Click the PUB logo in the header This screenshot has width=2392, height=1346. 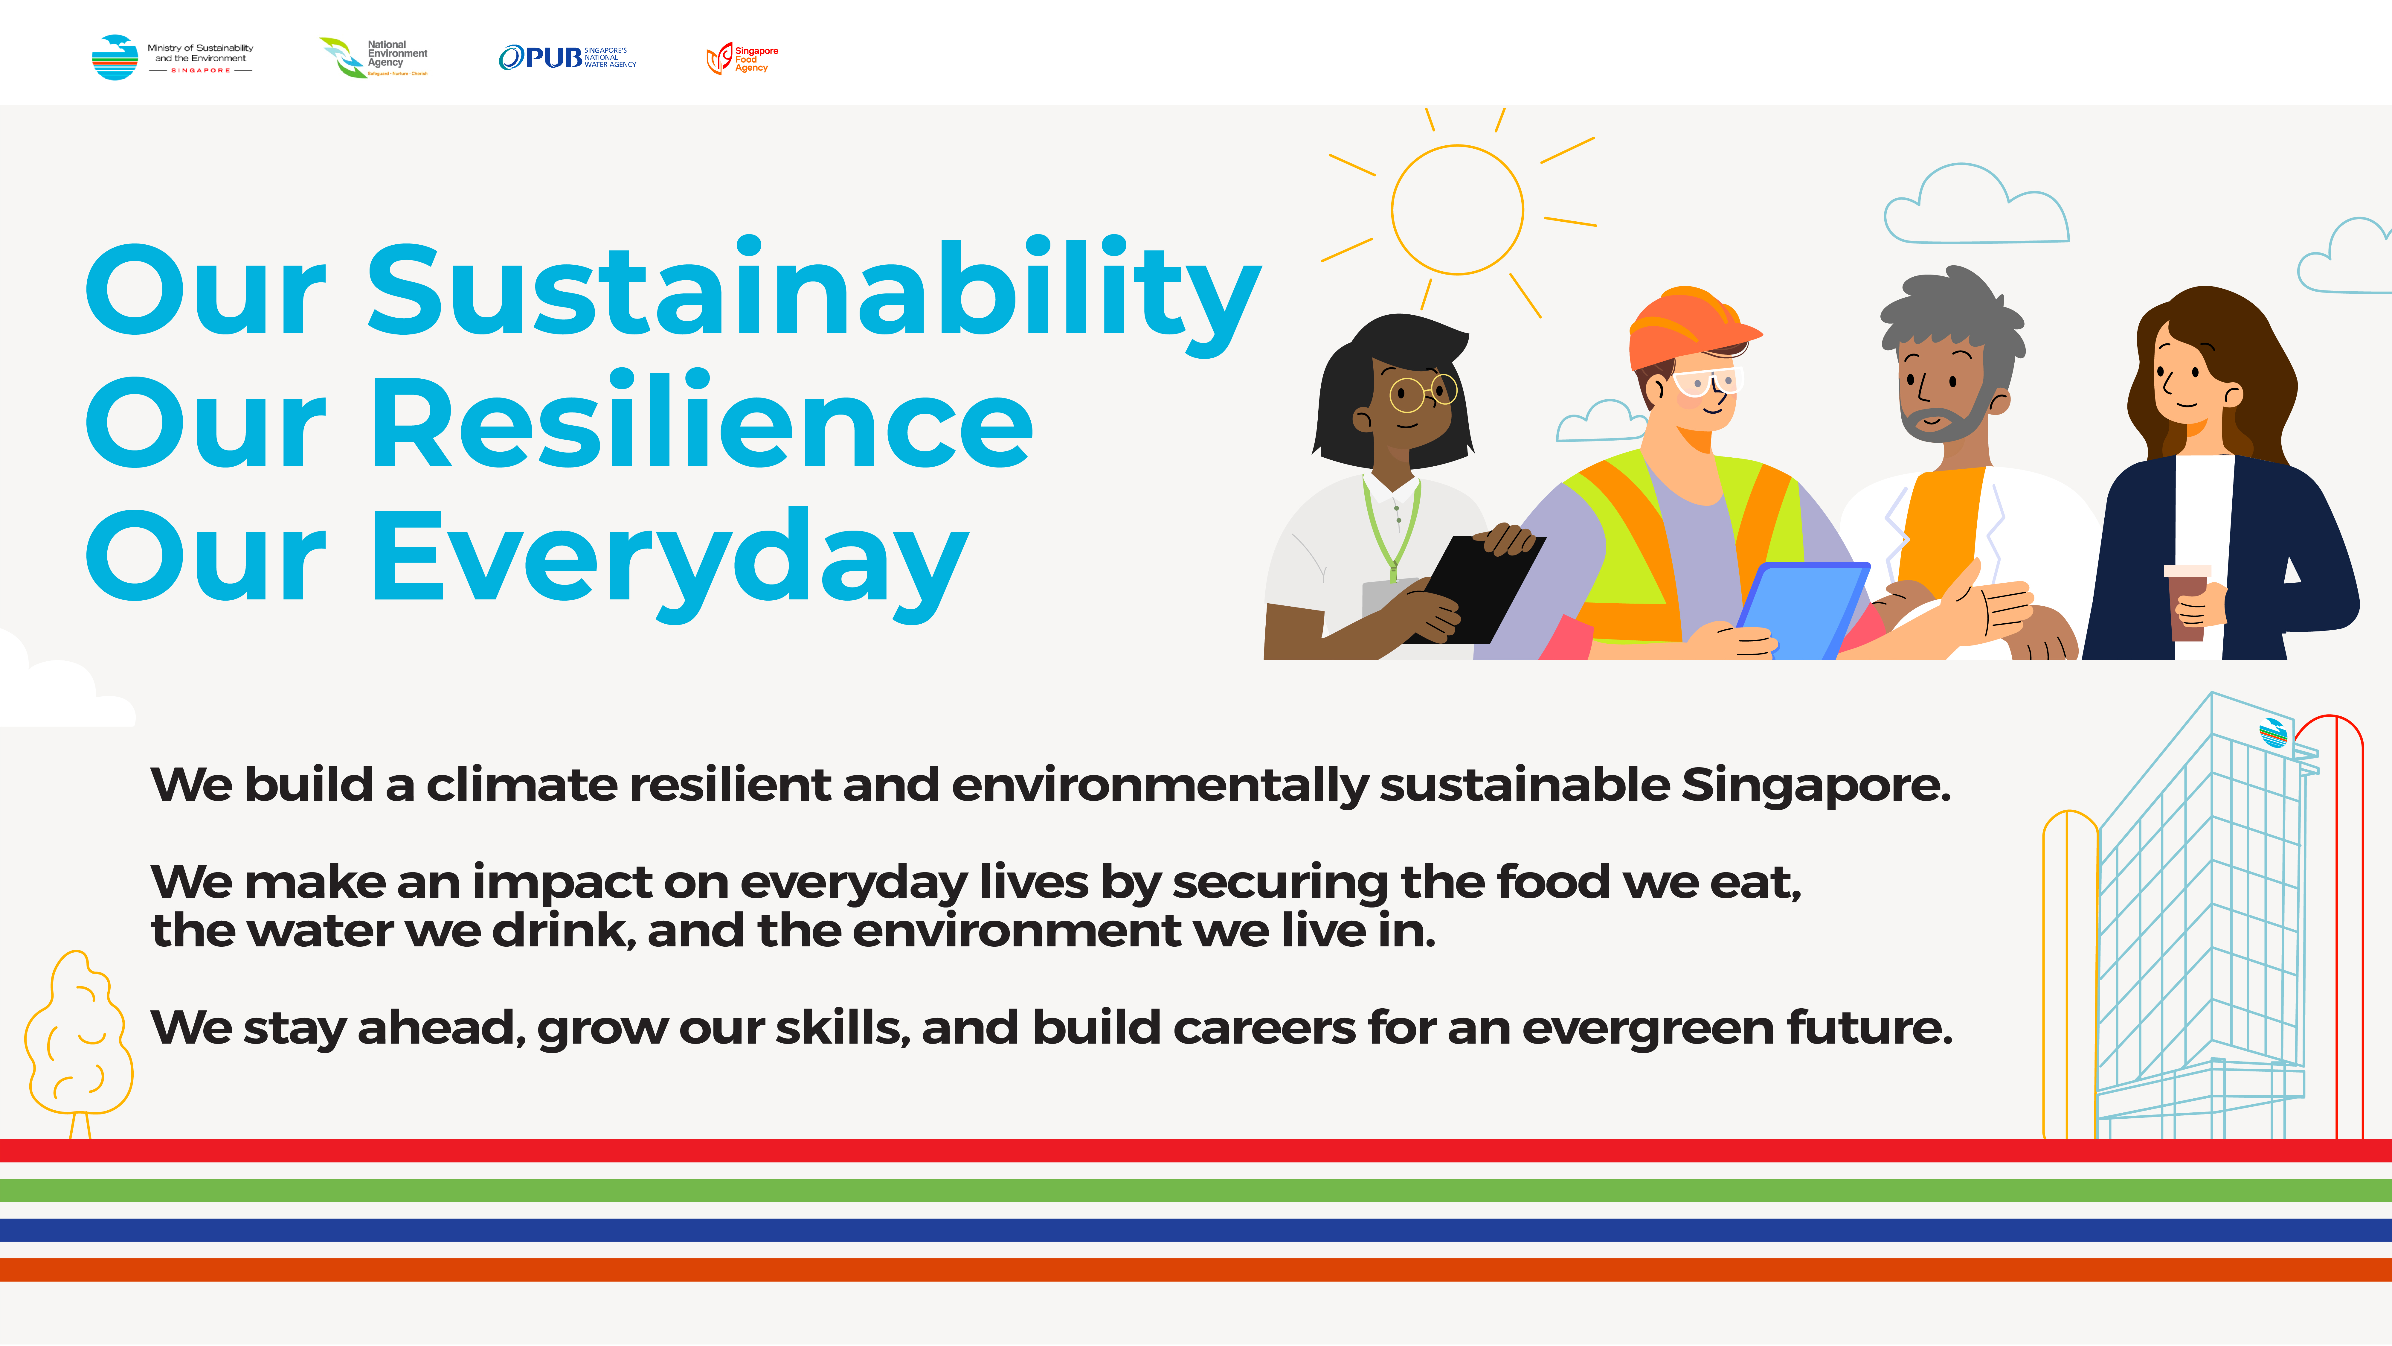pyautogui.click(x=568, y=58)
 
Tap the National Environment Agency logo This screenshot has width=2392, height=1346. pyautogui.click(x=373, y=58)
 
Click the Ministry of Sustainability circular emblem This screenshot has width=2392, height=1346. pyautogui.click(x=115, y=58)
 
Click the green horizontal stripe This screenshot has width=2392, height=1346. pyautogui.click(x=1196, y=1190)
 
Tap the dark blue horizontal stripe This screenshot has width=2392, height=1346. pyautogui.click(x=1196, y=1230)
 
